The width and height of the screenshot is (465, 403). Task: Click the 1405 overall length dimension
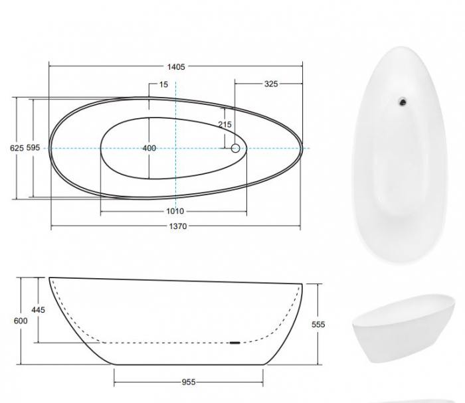(176, 66)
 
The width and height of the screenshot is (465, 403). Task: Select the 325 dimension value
(270, 84)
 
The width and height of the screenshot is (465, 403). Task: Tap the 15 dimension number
(163, 84)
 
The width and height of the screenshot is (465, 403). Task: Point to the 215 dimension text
(225, 124)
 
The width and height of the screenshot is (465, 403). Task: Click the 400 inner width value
(149, 148)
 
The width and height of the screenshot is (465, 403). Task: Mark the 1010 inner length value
(175, 211)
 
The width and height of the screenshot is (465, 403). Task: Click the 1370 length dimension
(176, 226)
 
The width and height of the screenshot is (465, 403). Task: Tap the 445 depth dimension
(38, 310)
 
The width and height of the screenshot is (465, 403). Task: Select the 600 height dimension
(21, 321)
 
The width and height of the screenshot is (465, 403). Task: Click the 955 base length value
(189, 382)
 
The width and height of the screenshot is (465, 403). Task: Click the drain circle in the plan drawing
(235, 148)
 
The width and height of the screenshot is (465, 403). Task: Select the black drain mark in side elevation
(234, 343)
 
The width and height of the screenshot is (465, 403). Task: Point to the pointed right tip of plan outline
(302, 147)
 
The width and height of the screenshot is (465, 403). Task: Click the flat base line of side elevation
(189, 363)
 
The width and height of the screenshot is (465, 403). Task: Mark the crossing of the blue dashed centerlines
(175, 148)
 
